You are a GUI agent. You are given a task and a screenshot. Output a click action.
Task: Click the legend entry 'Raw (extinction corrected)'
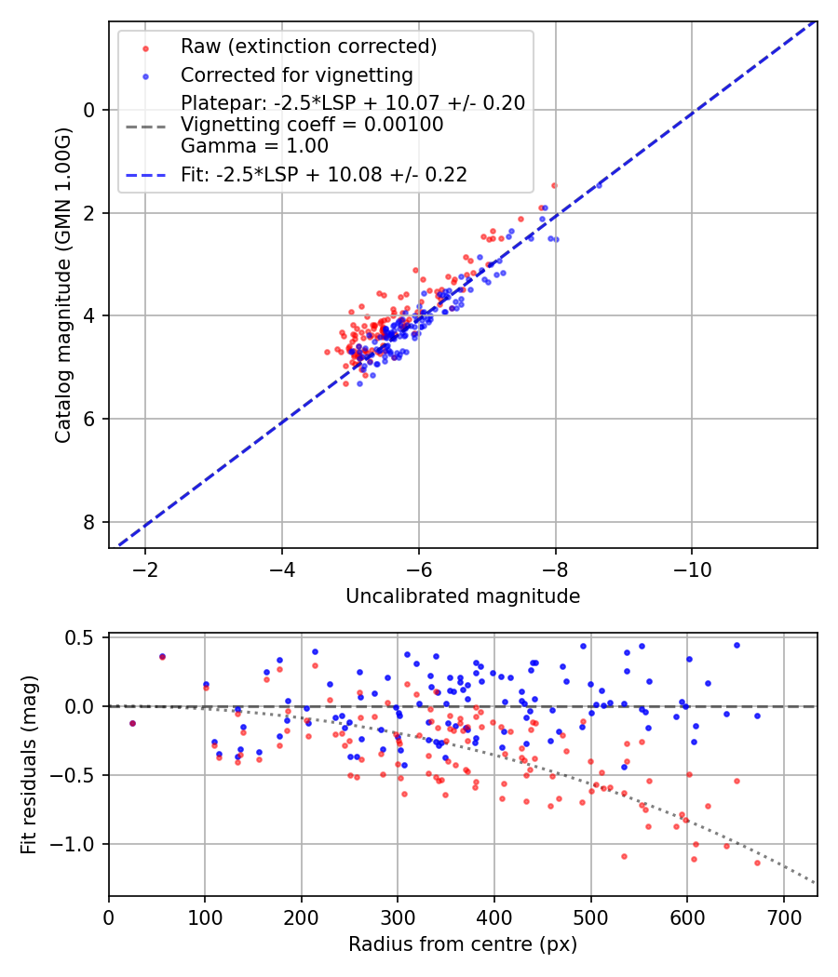[308, 47]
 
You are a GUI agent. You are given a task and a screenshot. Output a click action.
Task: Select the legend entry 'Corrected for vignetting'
[296, 74]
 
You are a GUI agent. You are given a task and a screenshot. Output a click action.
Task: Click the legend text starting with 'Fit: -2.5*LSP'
[324, 174]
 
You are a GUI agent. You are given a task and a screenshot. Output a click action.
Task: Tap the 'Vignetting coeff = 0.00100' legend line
[312, 125]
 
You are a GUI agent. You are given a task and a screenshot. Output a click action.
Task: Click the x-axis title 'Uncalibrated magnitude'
[463, 596]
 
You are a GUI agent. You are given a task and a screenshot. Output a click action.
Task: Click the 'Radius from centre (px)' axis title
[463, 944]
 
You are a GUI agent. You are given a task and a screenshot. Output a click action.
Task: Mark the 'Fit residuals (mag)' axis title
[29, 765]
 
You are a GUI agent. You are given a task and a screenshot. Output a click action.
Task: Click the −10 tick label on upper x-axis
[691, 569]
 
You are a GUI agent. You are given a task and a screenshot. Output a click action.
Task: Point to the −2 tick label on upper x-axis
[145, 569]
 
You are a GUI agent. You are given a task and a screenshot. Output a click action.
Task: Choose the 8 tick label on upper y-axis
[90, 522]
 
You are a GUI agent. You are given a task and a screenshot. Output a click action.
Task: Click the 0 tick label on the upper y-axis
[90, 110]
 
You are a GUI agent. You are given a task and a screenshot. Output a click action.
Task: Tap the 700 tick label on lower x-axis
[783, 917]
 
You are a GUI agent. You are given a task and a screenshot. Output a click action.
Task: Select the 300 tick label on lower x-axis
[398, 917]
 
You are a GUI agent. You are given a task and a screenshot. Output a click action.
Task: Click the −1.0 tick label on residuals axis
[77, 844]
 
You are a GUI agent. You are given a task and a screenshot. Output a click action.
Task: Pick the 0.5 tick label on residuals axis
[84, 638]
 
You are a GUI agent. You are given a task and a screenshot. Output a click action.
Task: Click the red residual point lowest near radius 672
[757, 863]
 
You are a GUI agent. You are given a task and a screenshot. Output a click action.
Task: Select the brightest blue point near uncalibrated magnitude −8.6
[599, 186]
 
